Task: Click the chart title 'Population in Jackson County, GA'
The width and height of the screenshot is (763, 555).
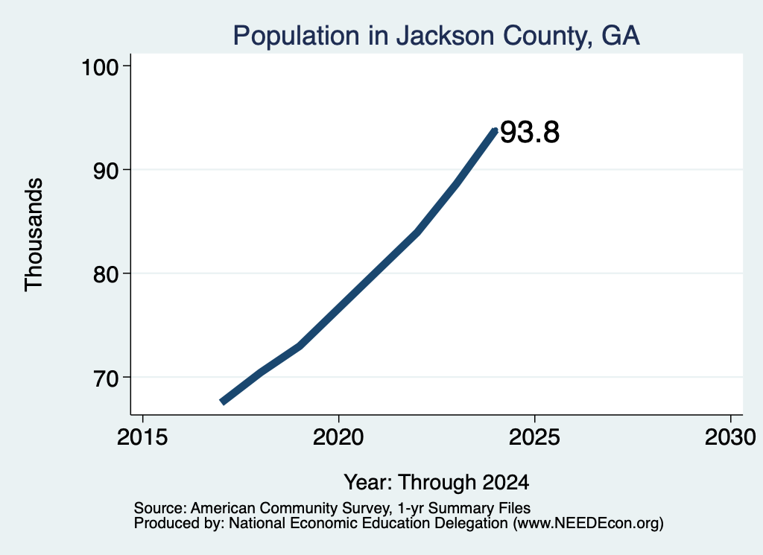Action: [x=436, y=36]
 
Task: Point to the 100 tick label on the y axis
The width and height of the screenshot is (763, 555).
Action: [x=101, y=67]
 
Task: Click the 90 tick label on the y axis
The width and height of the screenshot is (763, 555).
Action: [x=106, y=171]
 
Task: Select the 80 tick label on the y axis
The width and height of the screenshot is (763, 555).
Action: [x=106, y=274]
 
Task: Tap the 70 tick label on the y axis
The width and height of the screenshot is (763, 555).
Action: [x=106, y=378]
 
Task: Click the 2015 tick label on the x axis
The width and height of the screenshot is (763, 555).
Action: [x=142, y=437]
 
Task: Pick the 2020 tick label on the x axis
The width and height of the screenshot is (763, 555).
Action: [x=338, y=437]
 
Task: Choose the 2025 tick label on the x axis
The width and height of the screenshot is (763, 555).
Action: [x=534, y=437]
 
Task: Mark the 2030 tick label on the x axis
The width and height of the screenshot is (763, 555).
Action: [x=730, y=437]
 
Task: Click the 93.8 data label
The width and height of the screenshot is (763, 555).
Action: [x=530, y=133]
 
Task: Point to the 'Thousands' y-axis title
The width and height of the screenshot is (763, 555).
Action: [x=34, y=235]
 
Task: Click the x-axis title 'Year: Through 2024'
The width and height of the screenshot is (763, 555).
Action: [x=437, y=483]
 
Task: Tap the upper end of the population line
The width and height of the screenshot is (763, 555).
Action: [x=496, y=130]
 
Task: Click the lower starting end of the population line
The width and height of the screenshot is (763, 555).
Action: [x=222, y=402]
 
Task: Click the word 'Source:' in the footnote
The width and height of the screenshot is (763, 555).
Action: [x=160, y=508]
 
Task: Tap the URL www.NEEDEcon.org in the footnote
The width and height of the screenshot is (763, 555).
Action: [x=589, y=524]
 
